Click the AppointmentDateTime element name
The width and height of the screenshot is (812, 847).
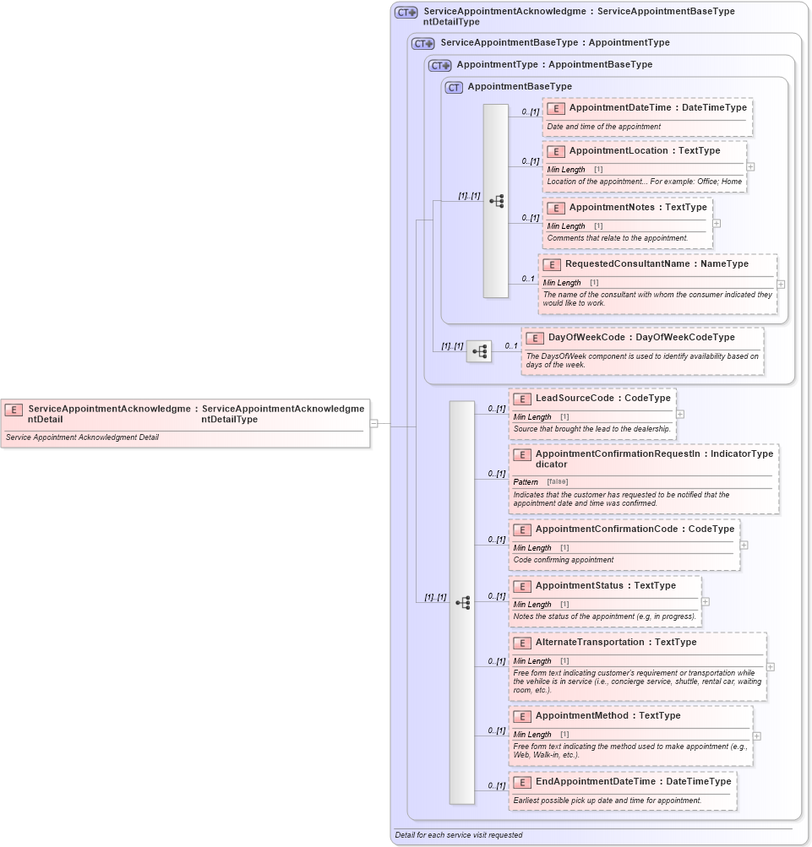point(620,108)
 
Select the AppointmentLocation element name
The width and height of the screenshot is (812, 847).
point(619,151)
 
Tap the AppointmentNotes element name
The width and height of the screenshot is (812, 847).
point(614,208)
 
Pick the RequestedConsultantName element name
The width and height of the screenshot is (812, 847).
point(626,264)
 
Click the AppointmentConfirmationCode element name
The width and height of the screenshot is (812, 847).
point(606,529)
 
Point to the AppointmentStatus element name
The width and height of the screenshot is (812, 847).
point(582,586)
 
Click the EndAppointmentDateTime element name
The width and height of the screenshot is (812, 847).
point(595,782)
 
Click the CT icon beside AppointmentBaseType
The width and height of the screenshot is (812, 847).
point(454,87)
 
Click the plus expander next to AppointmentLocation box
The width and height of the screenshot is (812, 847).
point(750,167)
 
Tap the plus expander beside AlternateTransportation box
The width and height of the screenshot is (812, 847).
point(771,667)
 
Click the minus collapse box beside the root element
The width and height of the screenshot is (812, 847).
point(373,423)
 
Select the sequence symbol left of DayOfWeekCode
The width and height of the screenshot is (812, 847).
point(479,351)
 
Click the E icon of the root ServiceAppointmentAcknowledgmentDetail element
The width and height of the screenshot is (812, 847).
point(14,410)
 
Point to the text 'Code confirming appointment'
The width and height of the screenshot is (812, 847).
point(564,560)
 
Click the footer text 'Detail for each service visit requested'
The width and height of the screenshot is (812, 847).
point(459,835)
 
